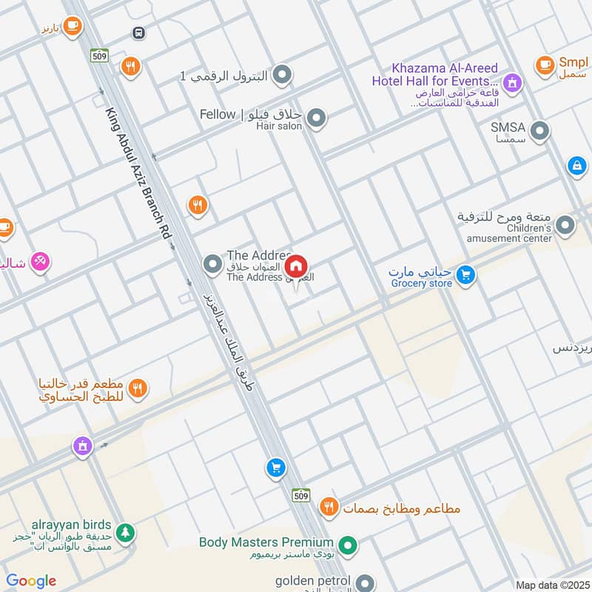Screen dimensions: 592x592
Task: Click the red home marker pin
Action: tap(296, 266)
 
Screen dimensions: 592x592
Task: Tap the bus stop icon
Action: tap(138, 33)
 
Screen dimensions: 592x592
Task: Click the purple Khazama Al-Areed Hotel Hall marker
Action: tap(510, 82)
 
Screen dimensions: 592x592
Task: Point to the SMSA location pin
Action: tap(541, 132)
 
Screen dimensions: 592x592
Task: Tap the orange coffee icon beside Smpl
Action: tap(545, 64)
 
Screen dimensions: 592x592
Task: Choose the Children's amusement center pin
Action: tap(565, 226)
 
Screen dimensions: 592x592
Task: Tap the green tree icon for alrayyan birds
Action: tap(126, 532)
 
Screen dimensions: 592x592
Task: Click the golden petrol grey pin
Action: tap(364, 582)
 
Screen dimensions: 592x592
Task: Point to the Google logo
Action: tap(31, 581)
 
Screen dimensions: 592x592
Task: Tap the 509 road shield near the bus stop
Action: tap(98, 55)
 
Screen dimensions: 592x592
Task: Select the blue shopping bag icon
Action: tap(576, 166)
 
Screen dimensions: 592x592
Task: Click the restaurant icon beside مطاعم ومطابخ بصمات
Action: tap(329, 507)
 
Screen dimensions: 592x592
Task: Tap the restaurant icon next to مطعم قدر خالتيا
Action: tap(138, 388)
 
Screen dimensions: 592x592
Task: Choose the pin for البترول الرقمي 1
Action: tap(281, 75)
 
